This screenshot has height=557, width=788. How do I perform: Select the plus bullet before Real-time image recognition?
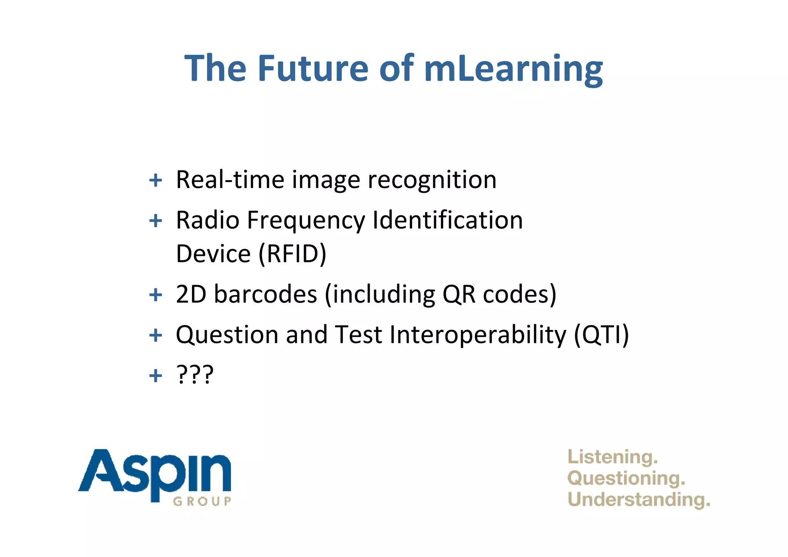click(x=155, y=180)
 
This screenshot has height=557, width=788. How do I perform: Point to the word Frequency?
click(x=306, y=221)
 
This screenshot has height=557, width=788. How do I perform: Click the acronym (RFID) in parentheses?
click(x=292, y=254)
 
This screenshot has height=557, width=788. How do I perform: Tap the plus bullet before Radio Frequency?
click(x=155, y=221)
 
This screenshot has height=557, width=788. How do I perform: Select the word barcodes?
click(x=265, y=294)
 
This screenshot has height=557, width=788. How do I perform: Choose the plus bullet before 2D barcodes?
click(x=155, y=295)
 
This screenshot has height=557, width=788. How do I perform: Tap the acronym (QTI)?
click(x=601, y=335)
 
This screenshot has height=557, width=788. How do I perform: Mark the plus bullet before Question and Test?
click(x=155, y=335)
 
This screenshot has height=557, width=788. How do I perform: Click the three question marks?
click(x=195, y=375)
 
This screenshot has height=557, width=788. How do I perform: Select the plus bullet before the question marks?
click(x=155, y=375)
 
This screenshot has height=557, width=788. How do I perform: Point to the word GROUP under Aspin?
click(x=202, y=501)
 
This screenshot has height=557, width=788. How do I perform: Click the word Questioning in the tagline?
click(x=626, y=479)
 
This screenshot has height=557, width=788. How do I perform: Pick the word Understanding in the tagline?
click(x=638, y=500)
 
